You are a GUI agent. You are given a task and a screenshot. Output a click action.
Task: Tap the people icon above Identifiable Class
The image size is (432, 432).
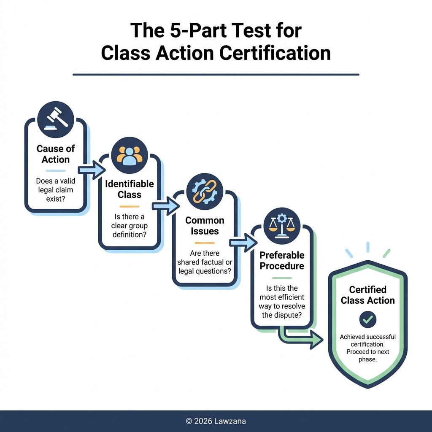coord(130,156)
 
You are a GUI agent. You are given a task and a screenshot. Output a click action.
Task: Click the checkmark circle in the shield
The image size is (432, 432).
coord(368,320)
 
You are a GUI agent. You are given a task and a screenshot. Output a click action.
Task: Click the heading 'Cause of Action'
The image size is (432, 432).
coord(56,154)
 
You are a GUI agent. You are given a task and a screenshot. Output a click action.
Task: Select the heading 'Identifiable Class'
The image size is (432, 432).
coord(130,189)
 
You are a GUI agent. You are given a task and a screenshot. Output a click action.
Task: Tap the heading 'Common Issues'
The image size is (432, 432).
coord(205,226)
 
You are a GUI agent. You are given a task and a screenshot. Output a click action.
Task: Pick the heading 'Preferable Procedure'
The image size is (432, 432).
coord(282,261)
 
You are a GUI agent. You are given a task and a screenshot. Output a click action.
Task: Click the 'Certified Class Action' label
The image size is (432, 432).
coord(368,295)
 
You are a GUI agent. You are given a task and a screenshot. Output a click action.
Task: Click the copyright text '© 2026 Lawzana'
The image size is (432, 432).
coord(216,421)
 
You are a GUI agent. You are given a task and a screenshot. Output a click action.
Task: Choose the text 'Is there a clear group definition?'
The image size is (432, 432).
coord(130,225)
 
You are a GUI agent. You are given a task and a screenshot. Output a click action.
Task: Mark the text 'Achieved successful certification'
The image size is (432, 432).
coord(368,340)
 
